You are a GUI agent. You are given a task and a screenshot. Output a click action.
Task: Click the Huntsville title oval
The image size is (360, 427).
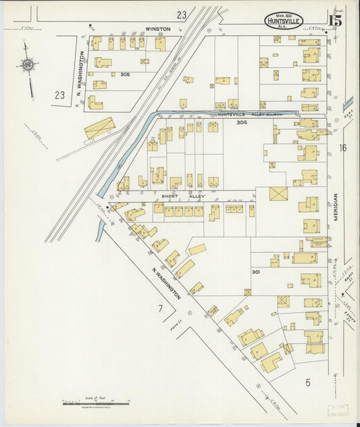[x=284, y=21]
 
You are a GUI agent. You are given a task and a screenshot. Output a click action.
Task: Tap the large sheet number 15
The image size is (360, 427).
[x=335, y=20]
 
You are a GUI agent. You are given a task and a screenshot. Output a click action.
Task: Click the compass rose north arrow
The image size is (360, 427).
[x=28, y=66]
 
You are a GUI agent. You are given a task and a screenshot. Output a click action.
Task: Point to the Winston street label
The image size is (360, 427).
[x=157, y=30]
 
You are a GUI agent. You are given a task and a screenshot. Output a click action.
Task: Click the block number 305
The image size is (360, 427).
[x=125, y=74]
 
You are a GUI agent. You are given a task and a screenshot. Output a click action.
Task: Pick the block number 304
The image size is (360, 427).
[x=241, y=123]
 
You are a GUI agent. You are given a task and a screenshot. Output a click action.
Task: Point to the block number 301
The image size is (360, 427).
[x=256, y=272]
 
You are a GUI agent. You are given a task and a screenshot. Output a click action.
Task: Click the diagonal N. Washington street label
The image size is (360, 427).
[x=166, y=283]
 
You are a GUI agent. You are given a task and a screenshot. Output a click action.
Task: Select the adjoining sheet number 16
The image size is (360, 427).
[x=342, y=147]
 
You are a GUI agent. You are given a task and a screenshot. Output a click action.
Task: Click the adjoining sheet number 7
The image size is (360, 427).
[x=160, y=309]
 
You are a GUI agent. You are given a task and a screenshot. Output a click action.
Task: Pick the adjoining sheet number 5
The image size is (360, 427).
[x=307, y=382]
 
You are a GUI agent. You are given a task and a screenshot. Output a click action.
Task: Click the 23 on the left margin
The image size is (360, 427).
[x=60, y=95]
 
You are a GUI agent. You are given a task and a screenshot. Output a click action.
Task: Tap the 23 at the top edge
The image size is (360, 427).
[x=181, y=14]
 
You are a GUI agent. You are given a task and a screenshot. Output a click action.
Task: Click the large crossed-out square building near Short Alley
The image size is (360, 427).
[x=278, y=194]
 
